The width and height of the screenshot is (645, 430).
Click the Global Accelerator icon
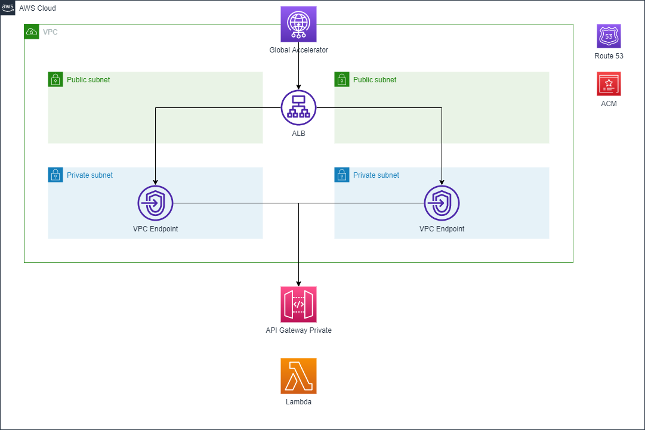[x=298, y=24]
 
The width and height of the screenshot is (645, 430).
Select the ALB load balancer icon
[x=298, y=108]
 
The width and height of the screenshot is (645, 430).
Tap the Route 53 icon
[x=609, y=36]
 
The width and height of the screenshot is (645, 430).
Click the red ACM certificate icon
[x=609, y=84]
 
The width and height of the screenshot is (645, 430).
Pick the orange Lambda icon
[x=298, y=376]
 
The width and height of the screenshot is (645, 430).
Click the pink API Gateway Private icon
[x=298, y=304]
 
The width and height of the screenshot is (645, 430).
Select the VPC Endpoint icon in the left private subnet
[x=155, y=203]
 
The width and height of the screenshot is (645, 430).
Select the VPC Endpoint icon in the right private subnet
[x=442, y=203]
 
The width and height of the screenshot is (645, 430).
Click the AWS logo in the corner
[x=8, y=8]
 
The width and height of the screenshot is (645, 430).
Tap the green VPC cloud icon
[x=32, y=32]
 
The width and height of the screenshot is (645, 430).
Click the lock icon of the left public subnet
[x=55, y=79]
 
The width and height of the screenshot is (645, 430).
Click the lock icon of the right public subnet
[x=341, y=79]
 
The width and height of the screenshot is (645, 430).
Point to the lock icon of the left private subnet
[x=55, y=175]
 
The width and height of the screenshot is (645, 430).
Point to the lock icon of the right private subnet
[x=341, y=175]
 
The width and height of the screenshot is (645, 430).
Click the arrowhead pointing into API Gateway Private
[x=298, y=283]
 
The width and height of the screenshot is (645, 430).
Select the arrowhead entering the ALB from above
[x=298, y=86]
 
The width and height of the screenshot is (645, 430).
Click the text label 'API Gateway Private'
[x=298, y=330]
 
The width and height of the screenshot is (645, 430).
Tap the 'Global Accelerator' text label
[x=298, y=50]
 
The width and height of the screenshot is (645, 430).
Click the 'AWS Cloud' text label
[x=38, y=8]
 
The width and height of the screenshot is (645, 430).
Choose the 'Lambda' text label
[x=298, y=402]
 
